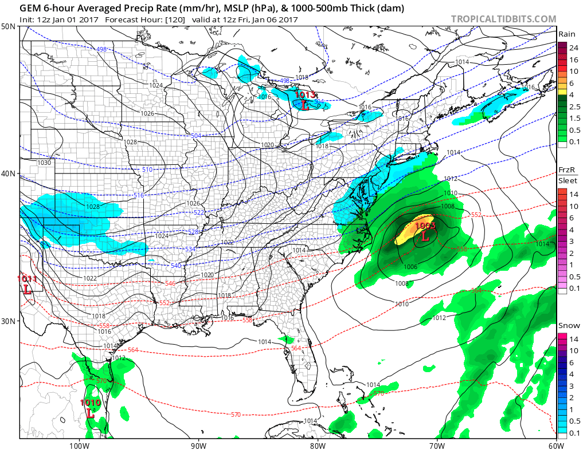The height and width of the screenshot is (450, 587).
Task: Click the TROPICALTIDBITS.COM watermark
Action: coord(503,19)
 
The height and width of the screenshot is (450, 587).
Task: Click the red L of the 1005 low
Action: coord(425,236)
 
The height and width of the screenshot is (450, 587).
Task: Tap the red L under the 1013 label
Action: coord(304,105)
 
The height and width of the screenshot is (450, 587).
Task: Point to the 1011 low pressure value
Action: coord(26,279)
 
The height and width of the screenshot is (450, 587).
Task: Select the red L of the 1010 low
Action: coord(90,412)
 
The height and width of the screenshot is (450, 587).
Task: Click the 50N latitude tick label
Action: coord(9,27)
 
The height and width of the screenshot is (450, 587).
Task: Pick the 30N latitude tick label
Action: coord(9,321)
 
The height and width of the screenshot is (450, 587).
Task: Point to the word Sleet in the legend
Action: coord(568,181)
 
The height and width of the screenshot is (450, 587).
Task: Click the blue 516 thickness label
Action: coord(138,195)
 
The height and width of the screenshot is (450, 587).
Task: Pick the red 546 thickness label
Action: coord(170,283)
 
